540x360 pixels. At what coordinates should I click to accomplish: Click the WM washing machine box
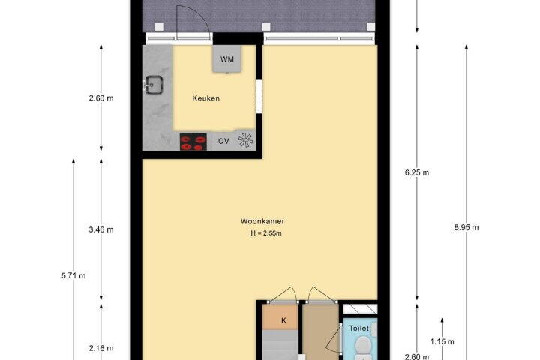[226, 59]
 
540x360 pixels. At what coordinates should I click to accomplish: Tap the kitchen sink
[154, 85]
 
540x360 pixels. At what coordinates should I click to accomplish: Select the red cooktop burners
[193, 142]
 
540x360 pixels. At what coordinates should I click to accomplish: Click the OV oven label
[223, 141]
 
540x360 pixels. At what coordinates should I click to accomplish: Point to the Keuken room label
[206, 98]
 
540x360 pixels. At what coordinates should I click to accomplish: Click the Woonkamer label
[262, 221]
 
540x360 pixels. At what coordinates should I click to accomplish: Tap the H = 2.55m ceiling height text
[266, 233]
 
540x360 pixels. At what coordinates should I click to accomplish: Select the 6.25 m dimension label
[417, 172]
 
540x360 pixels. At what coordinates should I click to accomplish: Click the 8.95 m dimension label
[466, 227]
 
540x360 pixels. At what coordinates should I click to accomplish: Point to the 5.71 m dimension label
[73, 275]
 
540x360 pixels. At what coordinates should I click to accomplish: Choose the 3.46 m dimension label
[101, 229]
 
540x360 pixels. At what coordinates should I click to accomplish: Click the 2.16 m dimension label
[101, 348]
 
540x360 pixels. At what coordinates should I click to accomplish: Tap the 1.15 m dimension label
[442, 342]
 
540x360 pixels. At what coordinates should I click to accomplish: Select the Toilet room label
[358, 328]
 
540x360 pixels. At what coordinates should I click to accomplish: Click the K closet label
[283, 320]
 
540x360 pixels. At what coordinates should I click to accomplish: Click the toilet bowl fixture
[363, 347]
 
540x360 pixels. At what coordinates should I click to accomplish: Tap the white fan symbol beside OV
[245, 139]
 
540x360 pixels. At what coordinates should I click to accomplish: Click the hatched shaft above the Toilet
[360, 308]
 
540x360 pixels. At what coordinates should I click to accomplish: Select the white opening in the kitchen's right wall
[259, 96]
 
